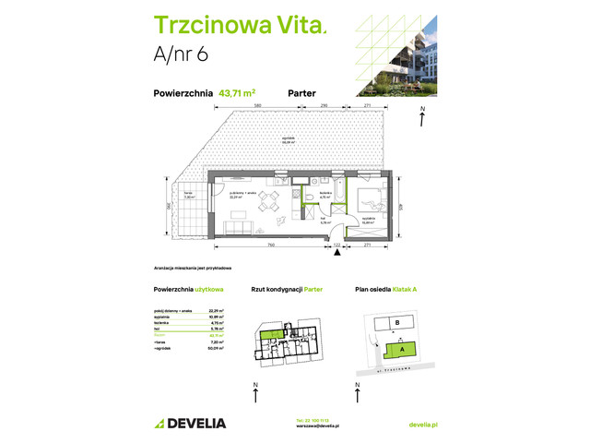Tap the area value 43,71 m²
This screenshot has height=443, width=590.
pyautogui.click(x=238, y=92)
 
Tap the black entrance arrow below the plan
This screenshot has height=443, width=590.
pyautogui.click(x=337, y=252)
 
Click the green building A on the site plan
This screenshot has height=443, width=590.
pyautogui.click(x=402, y=349)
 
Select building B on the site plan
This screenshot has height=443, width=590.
pyautogui.click(x=395, y=323)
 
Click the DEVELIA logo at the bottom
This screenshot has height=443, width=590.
pyautogui.click(x=189, y=423)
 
